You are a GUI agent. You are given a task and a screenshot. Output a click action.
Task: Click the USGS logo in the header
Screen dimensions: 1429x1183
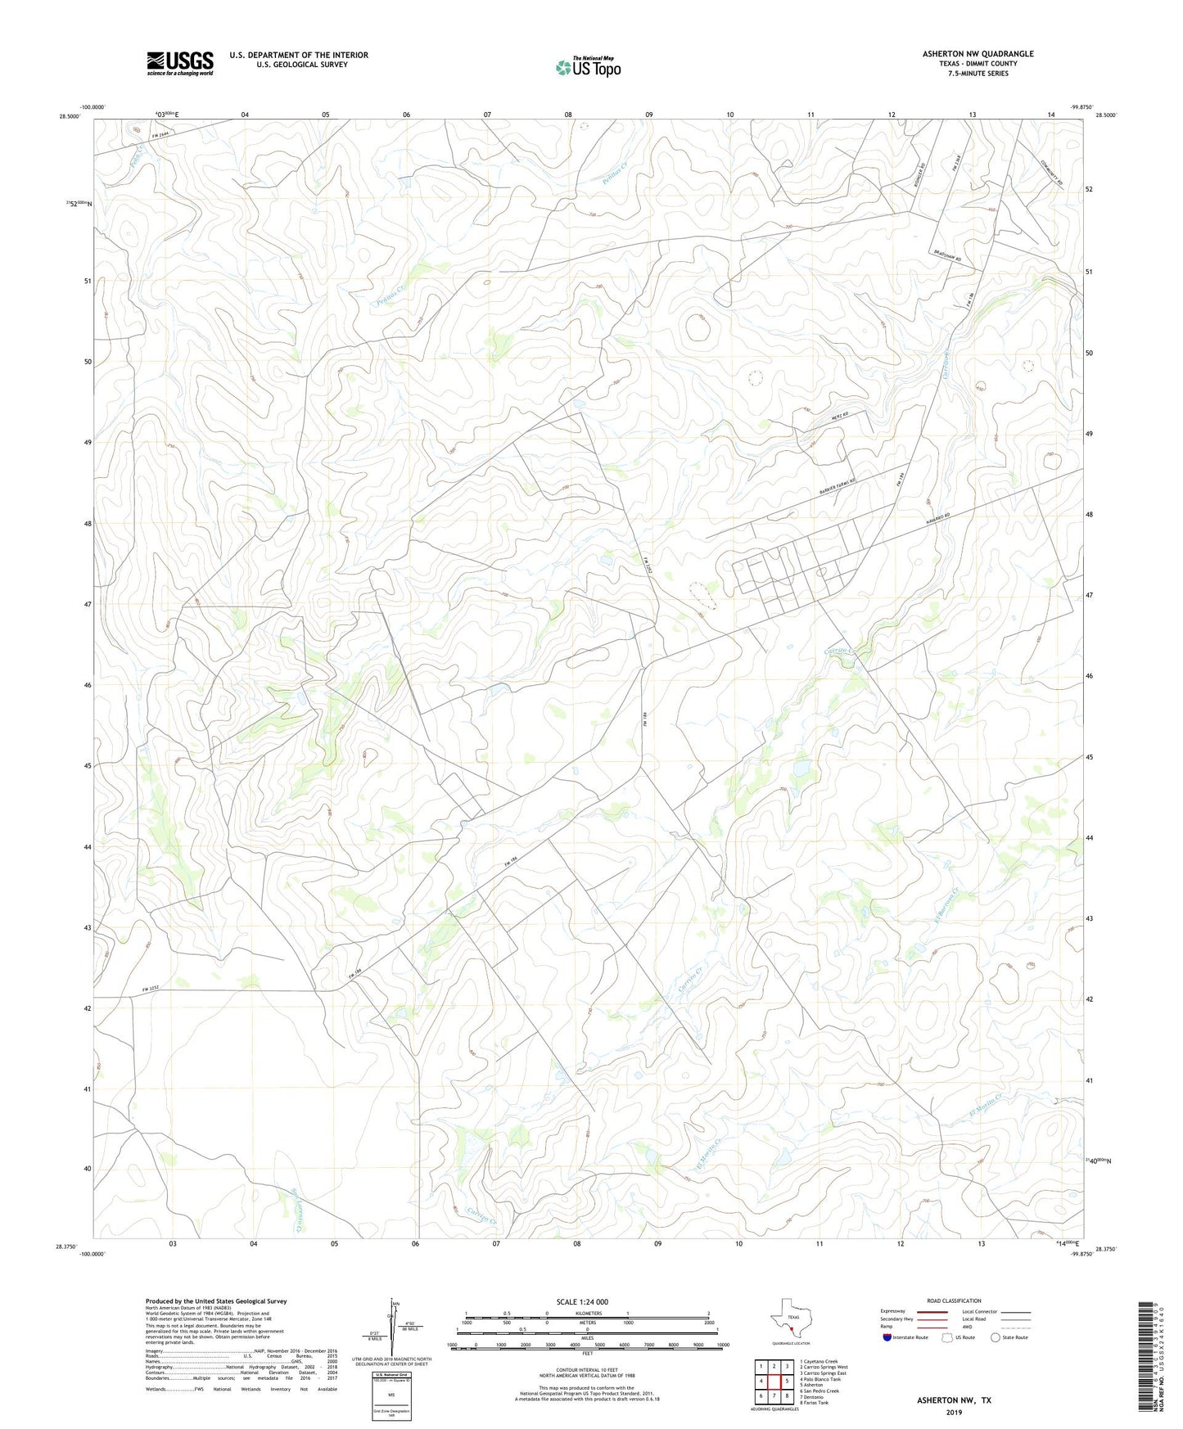tap(179, 63)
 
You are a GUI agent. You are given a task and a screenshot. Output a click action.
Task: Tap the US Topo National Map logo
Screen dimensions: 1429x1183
tap(588, 66)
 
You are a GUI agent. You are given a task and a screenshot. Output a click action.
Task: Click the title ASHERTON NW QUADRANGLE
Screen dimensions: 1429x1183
tap(978, 54)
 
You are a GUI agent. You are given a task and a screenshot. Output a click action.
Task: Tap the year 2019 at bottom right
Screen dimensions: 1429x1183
tap(954, 1412)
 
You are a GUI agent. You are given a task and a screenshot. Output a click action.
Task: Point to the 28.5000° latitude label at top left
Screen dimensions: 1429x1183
tap(70, 116)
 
